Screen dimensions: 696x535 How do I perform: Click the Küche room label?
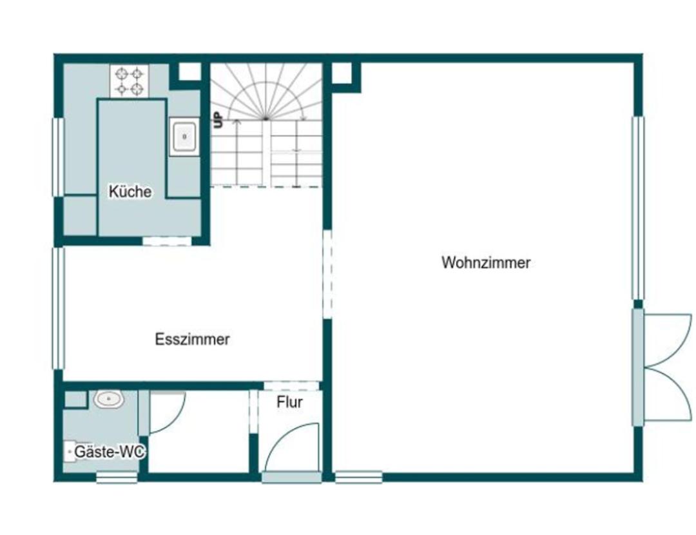tap(130, 192)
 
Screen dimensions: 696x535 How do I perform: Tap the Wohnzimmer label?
tap(486, 262)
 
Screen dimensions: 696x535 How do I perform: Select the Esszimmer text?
tap(192, 339)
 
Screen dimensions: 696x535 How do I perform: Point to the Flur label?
tap(289, 402)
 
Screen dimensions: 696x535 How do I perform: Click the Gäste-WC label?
tap(109, 452)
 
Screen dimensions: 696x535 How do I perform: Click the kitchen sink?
tap(185, 136)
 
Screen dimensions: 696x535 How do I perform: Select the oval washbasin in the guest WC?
tap(109, 399)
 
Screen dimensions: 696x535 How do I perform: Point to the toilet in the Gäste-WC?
tap(71, 452)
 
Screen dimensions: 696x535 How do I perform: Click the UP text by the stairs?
tap(218, 121)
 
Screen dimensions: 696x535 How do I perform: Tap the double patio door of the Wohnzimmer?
tap(661, 367)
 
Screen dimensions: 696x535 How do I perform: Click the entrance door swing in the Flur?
tap(292, 447)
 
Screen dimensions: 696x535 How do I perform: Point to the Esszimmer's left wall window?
tap(59, 308)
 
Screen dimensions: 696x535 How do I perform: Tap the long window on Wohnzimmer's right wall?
tap(637, 208)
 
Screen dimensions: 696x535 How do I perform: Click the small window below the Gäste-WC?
tap(117, 478)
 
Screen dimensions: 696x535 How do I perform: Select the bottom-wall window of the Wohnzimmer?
tap(358, 477)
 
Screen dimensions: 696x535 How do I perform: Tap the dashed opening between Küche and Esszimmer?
tap(167, 241)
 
